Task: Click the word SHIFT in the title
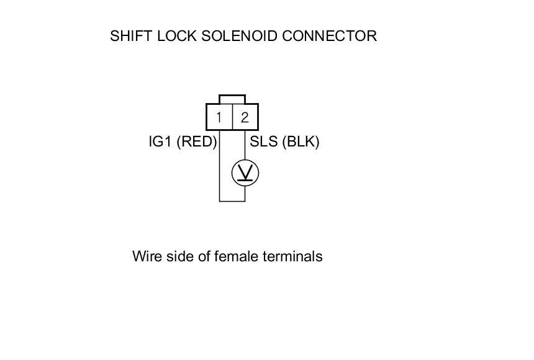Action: pyautogui.click(x=127, y=36)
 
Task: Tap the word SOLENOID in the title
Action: pyautogui.click(x=240, y=36)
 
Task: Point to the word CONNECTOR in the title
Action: pyautogui.click(x=329, y=36)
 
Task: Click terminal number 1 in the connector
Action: pyautogui.click(x=219, y=117)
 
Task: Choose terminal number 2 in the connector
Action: pyautogui.click(x=245, y=117)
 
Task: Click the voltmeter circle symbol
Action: pyautogui.click(x=245, y=173)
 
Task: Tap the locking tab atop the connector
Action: pyautogui.click(x=232, y=99)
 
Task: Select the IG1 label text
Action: pyautogui.click(x=160, y=142)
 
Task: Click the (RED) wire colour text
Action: pyautogui.click(x=197, y=142)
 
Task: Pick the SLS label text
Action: pyautogui.click(x=263, y=142)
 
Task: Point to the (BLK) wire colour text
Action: pyautogui.click(x=300, y=142)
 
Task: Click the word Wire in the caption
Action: pyautogui.click(x=146, y=256)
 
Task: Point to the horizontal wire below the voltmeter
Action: pyautogui.click(x=232, y=201)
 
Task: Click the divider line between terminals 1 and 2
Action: pyautogui.click(x=232, y=117)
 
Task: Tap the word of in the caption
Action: pyautogui.click(x=202, y=256)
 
